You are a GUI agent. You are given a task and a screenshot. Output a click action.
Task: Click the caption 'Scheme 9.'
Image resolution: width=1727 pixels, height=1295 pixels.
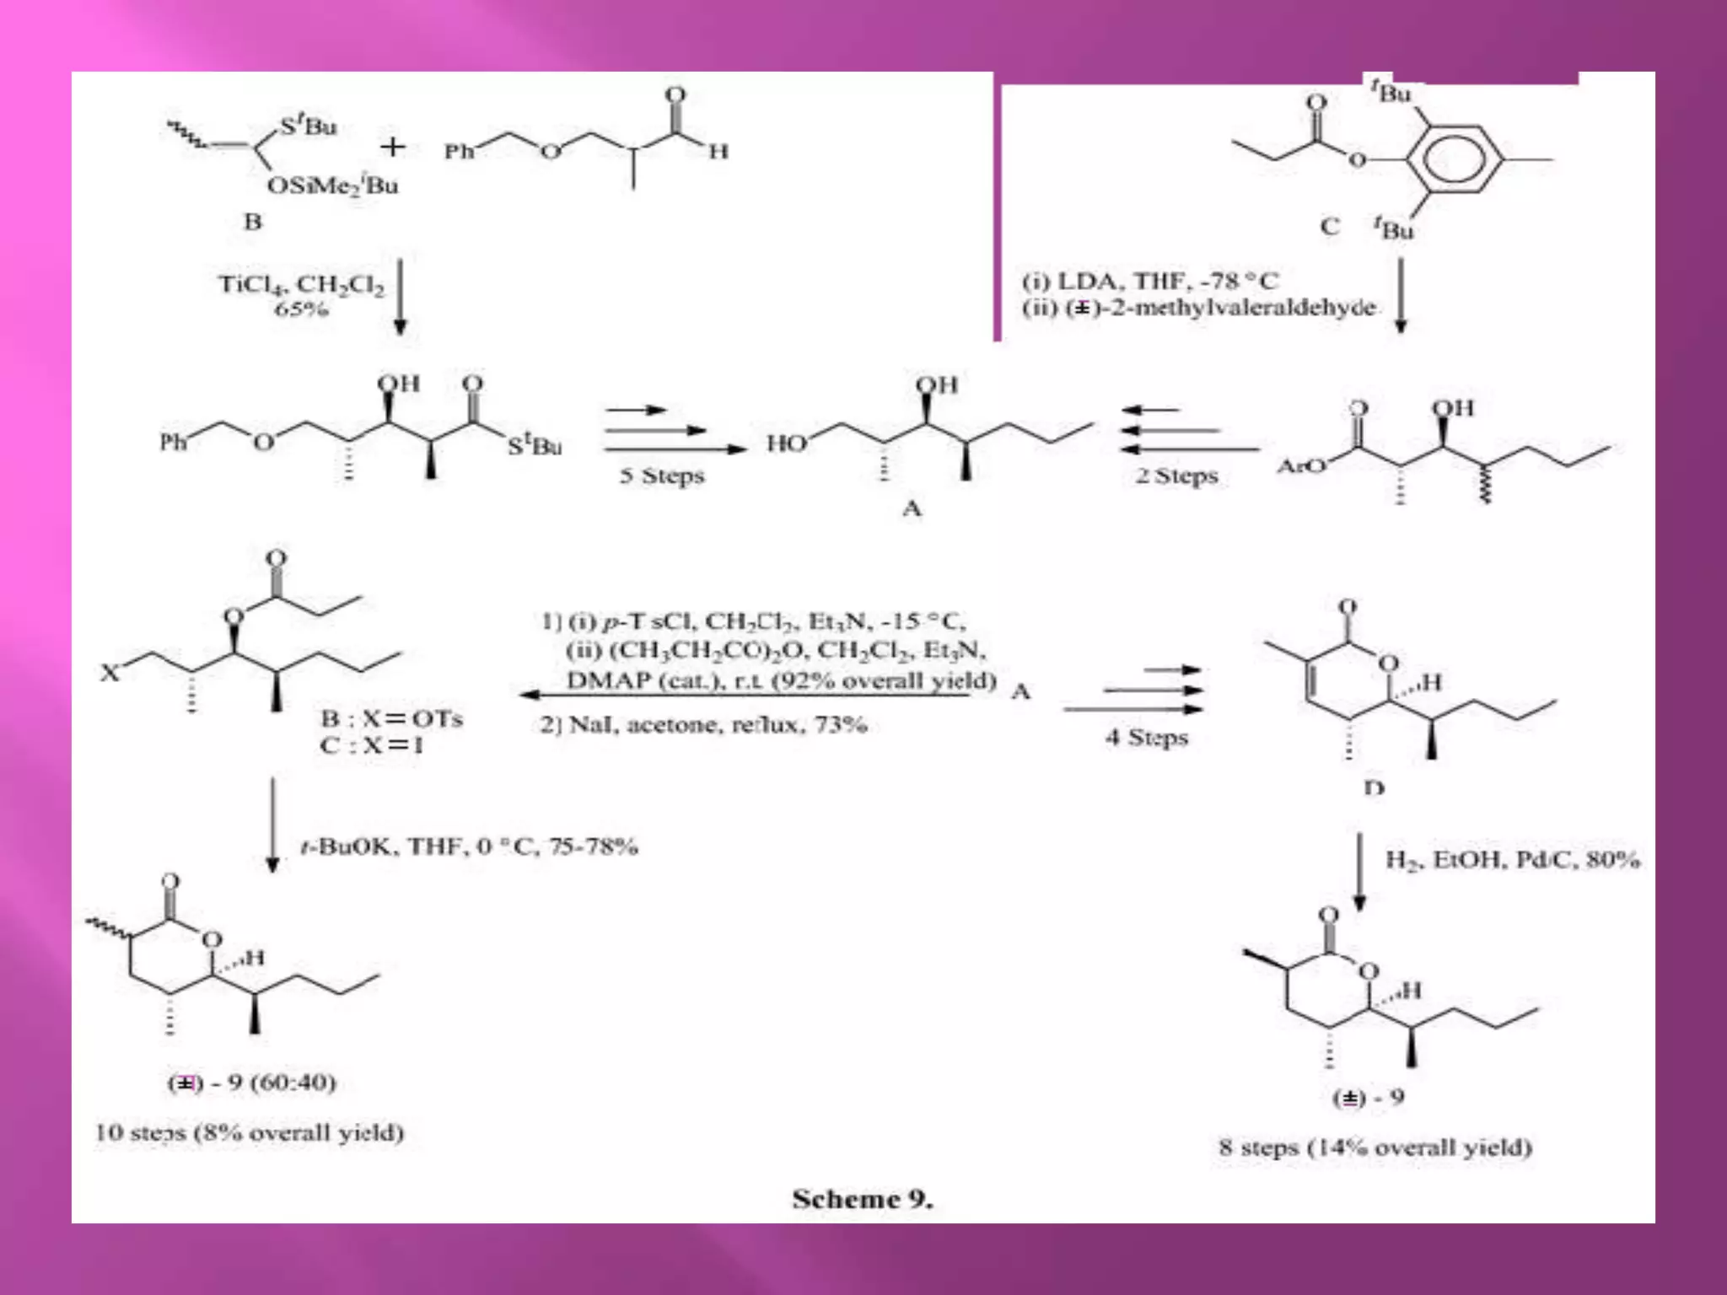(x=862, y=1199)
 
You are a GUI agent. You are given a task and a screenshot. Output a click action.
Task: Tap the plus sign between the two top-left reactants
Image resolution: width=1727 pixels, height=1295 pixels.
(x=392, y=148)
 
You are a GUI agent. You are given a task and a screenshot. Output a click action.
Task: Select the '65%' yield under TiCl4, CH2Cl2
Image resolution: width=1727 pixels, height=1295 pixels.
(x=301, y=309)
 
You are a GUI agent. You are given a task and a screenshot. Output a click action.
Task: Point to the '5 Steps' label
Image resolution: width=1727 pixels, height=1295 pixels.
(x=662, y=476)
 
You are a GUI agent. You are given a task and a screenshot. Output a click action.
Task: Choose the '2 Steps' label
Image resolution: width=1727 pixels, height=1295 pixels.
(x=1177, y=476)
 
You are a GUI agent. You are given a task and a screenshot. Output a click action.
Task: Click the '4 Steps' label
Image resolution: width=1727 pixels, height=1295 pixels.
(x=1147, y=737)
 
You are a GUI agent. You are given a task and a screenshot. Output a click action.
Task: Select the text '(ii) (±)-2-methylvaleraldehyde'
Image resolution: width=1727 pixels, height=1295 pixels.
(x=1198, y=308)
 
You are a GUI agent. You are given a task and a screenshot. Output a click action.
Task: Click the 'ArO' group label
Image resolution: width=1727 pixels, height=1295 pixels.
(x=1300, y=465)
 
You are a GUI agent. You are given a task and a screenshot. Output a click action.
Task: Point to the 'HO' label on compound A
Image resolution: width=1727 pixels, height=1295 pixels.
(x=786, y=443)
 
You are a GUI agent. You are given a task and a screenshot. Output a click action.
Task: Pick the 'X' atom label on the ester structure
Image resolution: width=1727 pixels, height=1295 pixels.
(x=110, y=673)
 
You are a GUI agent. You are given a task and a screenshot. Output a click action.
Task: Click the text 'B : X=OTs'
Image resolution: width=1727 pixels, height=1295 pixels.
(x=391, y=718)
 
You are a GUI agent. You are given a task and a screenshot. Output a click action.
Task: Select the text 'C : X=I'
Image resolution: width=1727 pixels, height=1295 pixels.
(x=371, y=745)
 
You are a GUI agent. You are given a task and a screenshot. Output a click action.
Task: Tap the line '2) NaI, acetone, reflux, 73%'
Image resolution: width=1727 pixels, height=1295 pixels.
(x=703, y=725)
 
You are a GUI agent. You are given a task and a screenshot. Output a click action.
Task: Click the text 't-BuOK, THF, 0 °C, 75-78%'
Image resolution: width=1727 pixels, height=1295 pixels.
(x=469, y=846)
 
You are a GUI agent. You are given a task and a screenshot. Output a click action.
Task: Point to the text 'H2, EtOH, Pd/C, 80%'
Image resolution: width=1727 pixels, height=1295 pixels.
(x=1513, y=860)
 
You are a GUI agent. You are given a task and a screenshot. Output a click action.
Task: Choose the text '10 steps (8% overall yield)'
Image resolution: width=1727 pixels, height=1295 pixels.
(x=250, y=1132)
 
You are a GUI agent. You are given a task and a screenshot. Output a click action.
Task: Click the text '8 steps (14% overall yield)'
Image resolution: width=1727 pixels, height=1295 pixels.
(x=1375, y=1147)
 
